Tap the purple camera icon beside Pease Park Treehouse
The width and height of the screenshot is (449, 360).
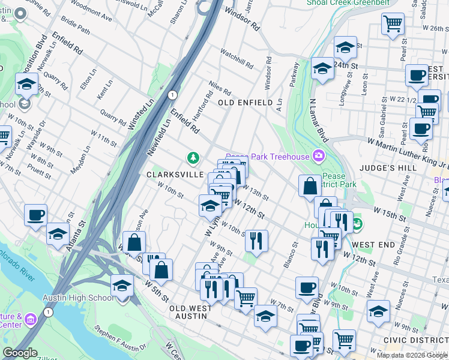click(x=318, y=157)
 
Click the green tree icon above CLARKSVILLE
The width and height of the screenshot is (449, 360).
click(x=193, y=158)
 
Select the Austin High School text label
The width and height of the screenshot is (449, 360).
click(x=77, y=298)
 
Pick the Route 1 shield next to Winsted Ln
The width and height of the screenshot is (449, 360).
click(x=173, y=95)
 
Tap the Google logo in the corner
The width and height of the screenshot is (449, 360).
click(x=20, y=353)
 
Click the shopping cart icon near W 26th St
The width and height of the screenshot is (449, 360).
click(x=393, y=24)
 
